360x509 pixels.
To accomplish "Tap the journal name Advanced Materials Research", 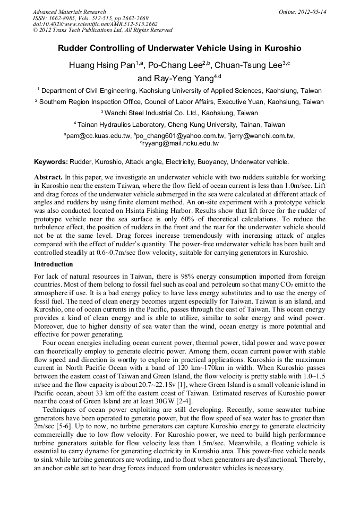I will [x=69, y=12].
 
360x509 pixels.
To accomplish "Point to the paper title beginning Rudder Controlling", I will [x=179, y=48].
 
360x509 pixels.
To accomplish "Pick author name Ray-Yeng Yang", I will [x=175, y=79].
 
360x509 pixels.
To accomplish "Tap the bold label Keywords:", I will [x=51, y=161].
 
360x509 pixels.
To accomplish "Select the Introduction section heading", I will [x=54, y=264].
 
